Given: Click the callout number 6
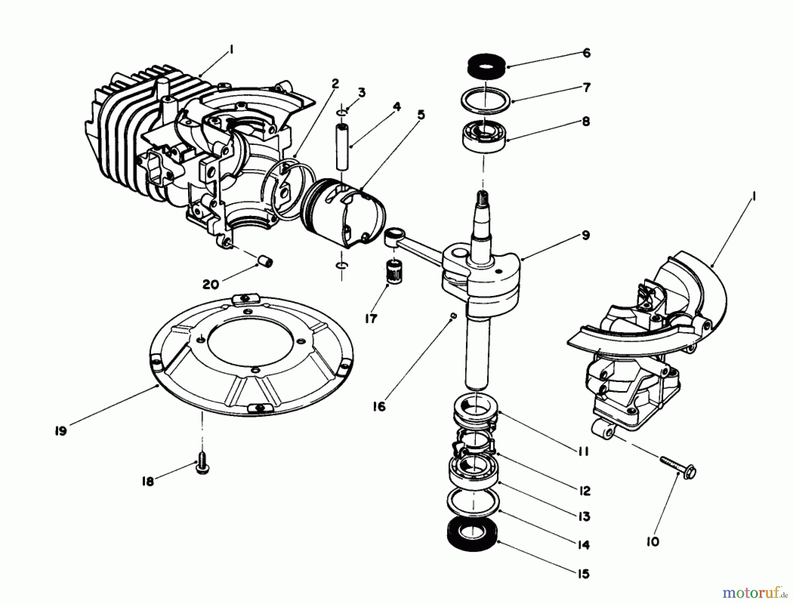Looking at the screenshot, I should coord(586,53).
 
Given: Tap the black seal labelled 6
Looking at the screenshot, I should coord(485,66).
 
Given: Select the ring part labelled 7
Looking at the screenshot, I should coord(485,100).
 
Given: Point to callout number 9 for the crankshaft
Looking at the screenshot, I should coord(585,236).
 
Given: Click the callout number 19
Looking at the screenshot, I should coord(61,430).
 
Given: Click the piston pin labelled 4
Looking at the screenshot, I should coord(342,147).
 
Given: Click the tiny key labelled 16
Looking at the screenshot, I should coord(454,315).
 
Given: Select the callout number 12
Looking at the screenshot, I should coord(584,491).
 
